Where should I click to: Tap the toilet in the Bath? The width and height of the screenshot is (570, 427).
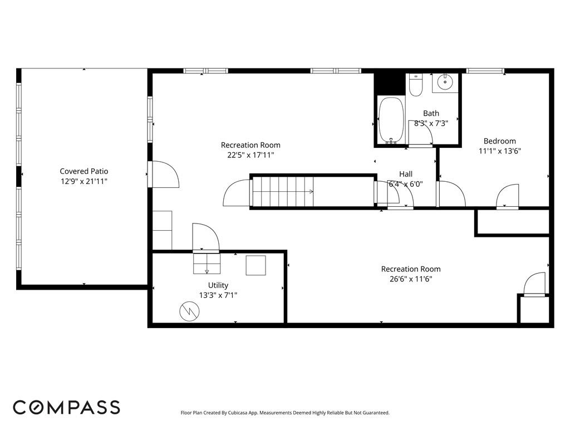tap(415, 85)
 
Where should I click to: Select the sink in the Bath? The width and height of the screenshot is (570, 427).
tap(445, 83)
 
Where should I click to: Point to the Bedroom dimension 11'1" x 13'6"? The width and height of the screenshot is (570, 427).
tap(499, 151)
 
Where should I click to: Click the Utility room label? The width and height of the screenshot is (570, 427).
tap(218, 285)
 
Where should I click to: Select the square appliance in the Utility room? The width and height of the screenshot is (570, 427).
tap(256, 265)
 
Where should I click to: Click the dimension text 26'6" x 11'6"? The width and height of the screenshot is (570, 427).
tap(410, 279)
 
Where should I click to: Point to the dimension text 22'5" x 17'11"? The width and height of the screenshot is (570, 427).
tap(250, 155)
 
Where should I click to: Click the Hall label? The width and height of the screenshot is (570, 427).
tap(405, 174)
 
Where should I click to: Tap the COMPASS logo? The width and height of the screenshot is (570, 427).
tap(66, 407)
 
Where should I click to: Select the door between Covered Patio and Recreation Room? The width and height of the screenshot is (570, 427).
tap(163, 175)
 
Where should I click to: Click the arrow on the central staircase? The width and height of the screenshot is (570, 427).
tap(310, 191)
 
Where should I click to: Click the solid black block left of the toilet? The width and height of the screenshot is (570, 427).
tap(388, 83)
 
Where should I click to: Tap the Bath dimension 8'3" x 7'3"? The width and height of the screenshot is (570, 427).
tap(431, 123)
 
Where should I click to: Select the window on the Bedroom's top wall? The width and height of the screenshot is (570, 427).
tap(485, 71)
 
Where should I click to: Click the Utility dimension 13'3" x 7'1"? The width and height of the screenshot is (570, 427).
tap(218, 295)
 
